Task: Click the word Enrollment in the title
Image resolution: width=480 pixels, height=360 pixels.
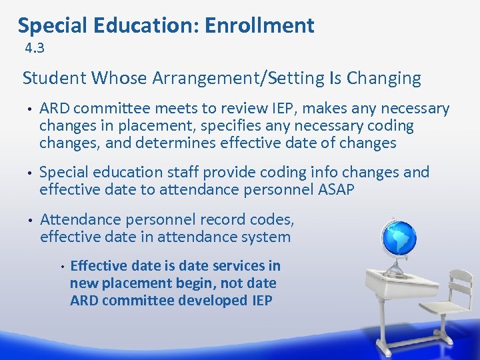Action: pyautogui.click(x=259, y=25)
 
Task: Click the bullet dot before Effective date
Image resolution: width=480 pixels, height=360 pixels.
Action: pyautogui.click(x=61, y=266)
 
